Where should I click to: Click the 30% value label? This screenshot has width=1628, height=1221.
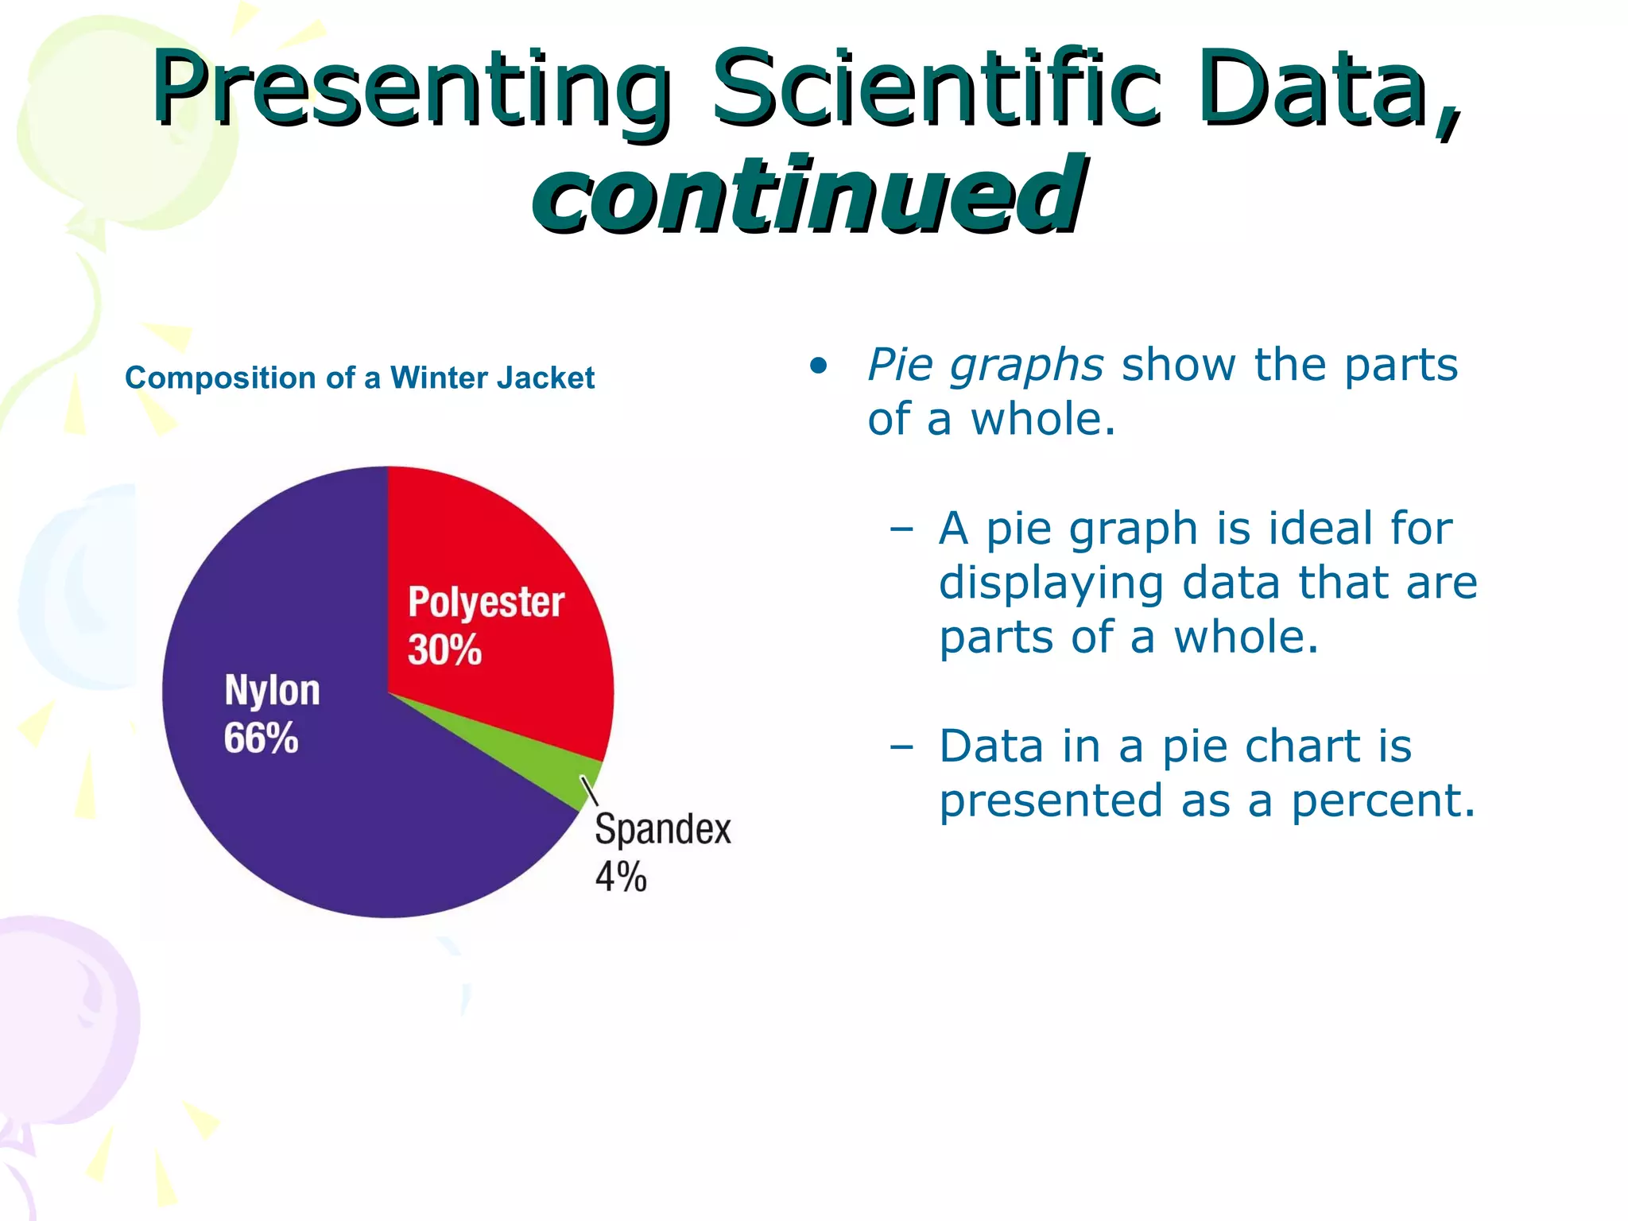(444, 649)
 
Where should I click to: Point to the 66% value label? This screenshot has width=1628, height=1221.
(261, 738)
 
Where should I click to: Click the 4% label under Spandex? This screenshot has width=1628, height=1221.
(620, 877)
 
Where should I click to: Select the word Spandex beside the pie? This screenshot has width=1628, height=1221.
(662, 829)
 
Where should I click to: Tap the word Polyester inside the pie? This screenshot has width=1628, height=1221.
(486, 603)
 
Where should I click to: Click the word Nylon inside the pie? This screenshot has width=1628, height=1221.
(272, 689)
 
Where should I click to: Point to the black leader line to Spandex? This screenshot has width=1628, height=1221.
(589, 792)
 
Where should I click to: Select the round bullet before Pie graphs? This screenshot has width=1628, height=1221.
(818, 366)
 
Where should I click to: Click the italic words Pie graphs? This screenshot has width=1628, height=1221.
(984, 365)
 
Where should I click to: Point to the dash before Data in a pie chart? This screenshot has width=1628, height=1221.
(901, 747)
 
